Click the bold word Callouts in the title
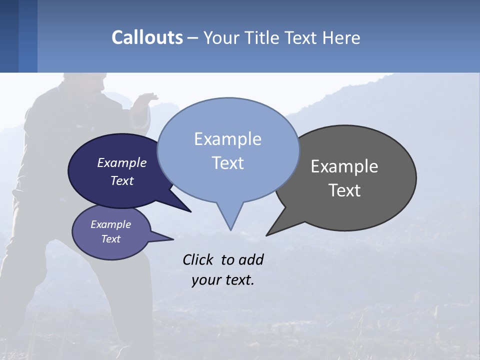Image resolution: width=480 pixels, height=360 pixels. click(x=147, y=37)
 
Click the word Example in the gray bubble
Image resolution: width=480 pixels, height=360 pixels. click(x=344, y=166)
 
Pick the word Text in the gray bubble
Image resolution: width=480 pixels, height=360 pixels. click(x=344, y=190)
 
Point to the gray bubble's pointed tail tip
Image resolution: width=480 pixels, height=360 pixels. click(x=267, y=234)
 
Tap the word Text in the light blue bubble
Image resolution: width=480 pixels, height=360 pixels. click(x=227, y=163)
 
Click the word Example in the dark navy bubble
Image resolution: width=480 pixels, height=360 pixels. click(x=121, y=162)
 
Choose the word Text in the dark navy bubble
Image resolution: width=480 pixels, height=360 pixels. click(x=121, y=180)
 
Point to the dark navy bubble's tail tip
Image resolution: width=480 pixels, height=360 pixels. click(x=190, y=211)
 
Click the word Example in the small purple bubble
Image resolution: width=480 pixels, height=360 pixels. click(x=110, y=224)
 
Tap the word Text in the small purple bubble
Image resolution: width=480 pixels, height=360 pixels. click(x=110, y=239)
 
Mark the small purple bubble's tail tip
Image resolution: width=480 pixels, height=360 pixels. click(x=173, y=239)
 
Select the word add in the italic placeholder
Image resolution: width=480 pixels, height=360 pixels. click(x=251, y=259)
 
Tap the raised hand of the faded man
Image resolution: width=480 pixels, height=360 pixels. click(x=148, y=97)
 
